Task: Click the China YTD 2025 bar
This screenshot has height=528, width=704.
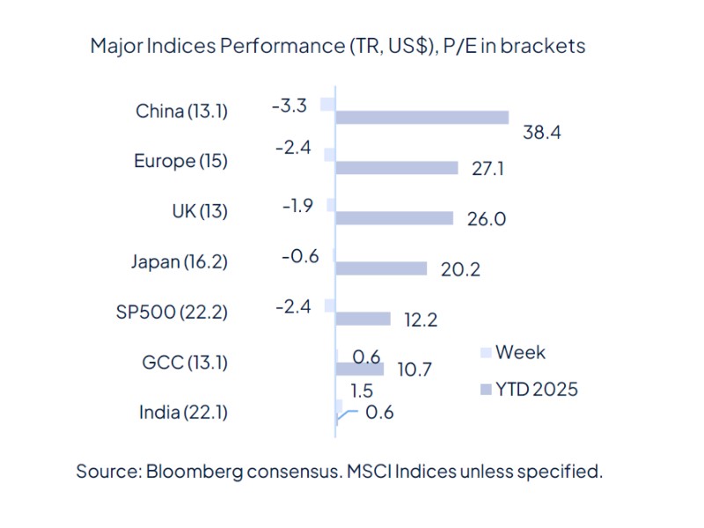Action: tap(422, 118)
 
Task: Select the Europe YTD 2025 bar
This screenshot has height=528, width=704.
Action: tap(397, 168)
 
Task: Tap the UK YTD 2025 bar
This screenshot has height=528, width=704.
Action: tap(394, 218)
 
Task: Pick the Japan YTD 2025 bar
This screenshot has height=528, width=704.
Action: tap(381, 268)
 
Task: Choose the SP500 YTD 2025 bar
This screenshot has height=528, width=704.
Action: tap(363, 319)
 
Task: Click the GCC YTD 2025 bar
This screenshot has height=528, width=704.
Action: tap(360, 369)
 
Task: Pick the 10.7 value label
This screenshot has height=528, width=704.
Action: tap(413, 370)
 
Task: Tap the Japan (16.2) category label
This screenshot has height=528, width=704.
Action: tap(179, 261)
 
